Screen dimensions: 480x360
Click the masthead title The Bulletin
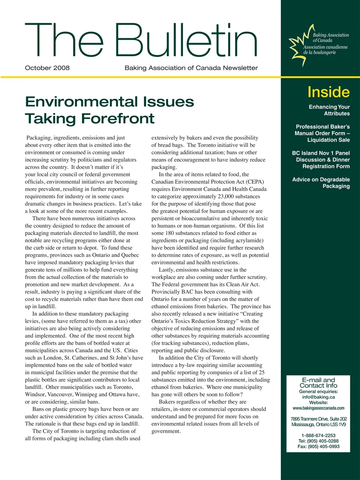pyautogui.click(x=141, y=40)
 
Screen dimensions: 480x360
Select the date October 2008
pyautogui.click(x=47, y=68)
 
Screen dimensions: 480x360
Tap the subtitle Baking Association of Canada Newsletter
pyautogui.click(x=191, y=68)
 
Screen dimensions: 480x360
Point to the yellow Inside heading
pyautogui.click(x=328, y=92)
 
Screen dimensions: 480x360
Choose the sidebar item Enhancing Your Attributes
pyautogui.click(x=329, y=110)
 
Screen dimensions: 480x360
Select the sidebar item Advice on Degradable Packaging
pyautogui.click(x=321, y=183)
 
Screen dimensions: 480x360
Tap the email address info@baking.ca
pyautogui.click(x=318, y=397)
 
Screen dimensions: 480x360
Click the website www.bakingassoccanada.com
pyautogui.click(x=318, y=408)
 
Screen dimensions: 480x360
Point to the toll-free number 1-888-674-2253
pyautogui.click(x=318, y=435)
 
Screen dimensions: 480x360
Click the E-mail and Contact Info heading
pyautogui.click(x=318, y=382)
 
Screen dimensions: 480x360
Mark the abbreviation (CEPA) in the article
pyautogui.click(x=255, y=182)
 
